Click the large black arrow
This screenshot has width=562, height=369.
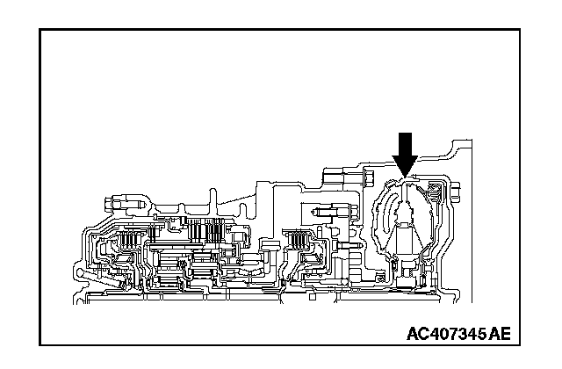(405, 150)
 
